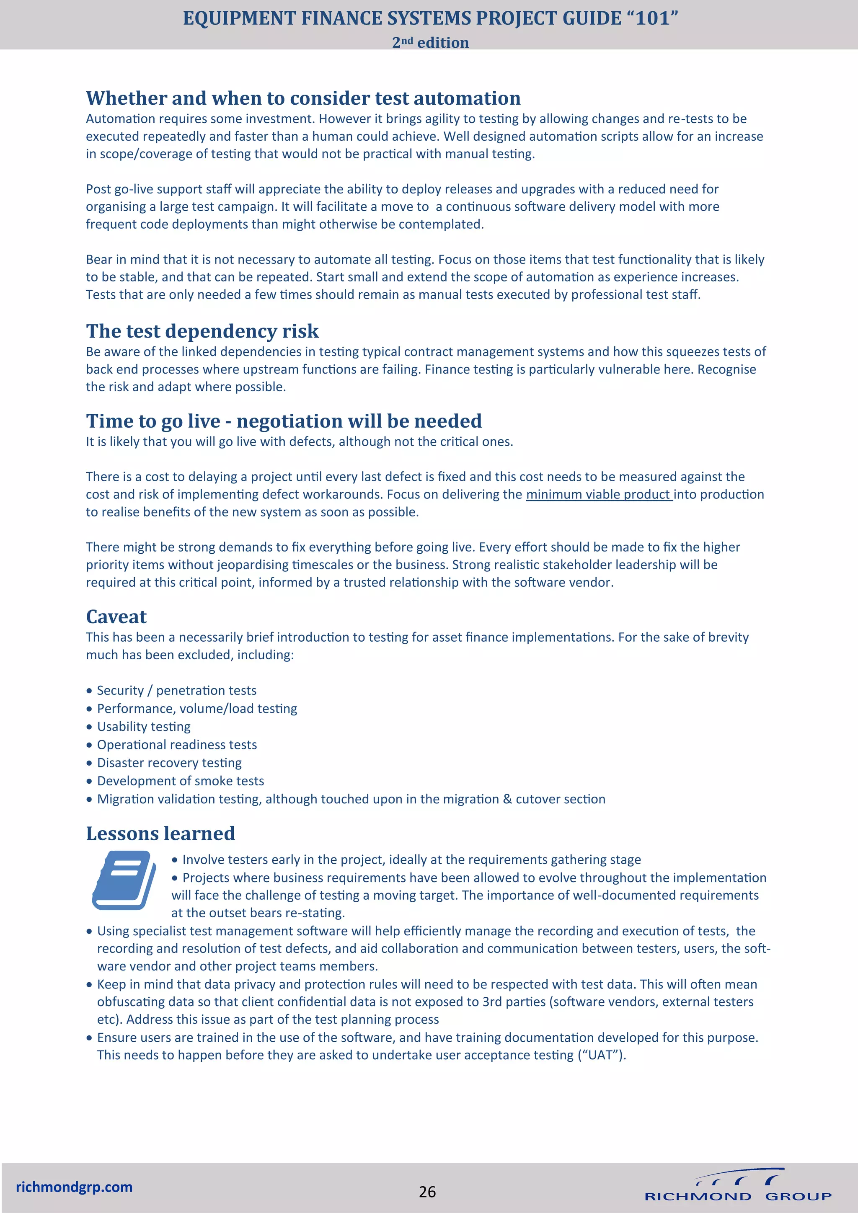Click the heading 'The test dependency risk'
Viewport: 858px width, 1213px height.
point(202,331)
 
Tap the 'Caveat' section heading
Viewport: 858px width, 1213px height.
point(116,617)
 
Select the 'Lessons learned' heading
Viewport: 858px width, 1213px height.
point(160,833)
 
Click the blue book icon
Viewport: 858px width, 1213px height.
point(124,880)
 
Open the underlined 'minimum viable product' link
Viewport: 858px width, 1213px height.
point(598,495)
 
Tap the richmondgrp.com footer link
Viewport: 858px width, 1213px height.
point(74,1187)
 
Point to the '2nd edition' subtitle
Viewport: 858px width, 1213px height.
point(430,42)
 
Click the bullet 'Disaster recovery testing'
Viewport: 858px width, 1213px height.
point(169,762)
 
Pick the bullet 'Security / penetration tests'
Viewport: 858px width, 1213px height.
point(176,691)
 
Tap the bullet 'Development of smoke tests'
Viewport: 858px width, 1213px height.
point(180,781)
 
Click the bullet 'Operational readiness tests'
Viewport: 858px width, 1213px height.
point(177,744)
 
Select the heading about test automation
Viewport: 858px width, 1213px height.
point(303,98)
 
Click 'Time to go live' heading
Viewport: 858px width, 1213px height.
point(284,421)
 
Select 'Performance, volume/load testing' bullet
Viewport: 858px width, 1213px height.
point(196,708)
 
